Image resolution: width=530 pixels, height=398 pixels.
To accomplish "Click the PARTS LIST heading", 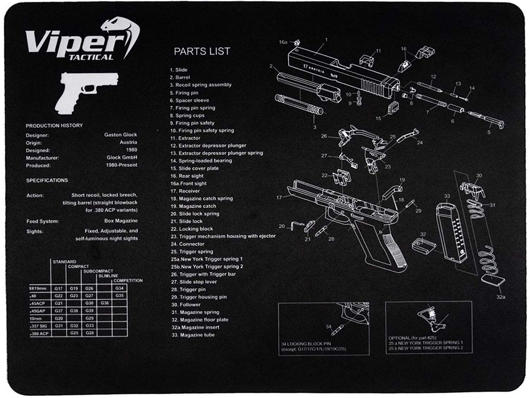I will pos(202,51).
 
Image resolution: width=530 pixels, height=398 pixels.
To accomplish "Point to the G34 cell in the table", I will pos(119,288).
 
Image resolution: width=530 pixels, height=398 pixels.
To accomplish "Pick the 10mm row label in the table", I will pos(36,318).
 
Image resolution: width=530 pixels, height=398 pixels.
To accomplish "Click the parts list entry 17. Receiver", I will pos(185,191).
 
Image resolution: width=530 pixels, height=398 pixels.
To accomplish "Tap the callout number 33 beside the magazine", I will pos(447,196).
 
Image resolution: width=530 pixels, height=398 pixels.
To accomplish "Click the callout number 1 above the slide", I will pos(326,39).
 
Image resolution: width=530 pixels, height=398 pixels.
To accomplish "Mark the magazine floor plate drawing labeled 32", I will pos(425,245).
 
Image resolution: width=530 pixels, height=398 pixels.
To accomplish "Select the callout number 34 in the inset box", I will pos(329,326).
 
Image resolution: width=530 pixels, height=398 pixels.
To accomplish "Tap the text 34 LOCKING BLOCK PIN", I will pos(308,344).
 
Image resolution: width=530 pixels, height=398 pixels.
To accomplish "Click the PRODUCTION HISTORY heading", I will pos(55,126).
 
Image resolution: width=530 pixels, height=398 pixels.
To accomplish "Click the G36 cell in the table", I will pos(105,303).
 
